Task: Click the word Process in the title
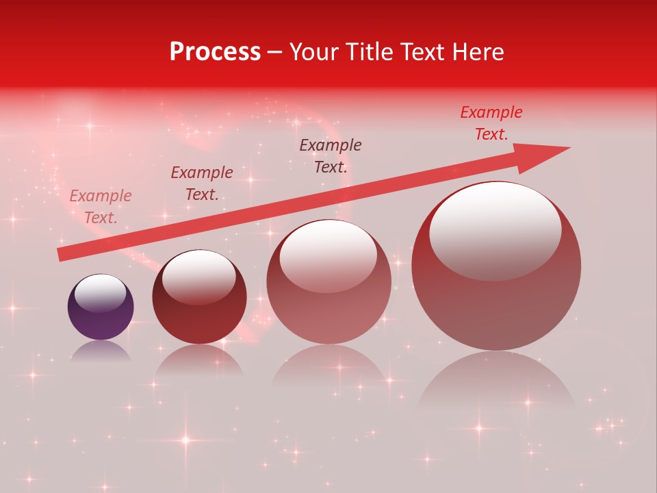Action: point(215,52)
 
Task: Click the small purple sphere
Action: point(101,307)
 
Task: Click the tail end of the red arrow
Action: point(62,254)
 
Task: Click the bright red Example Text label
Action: point(491,123)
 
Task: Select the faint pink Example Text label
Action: point(101,207)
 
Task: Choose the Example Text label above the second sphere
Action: point(202,184)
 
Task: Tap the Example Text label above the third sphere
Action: point(331,156)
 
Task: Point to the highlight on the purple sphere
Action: point(100,292)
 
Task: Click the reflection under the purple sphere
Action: point(101,351)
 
